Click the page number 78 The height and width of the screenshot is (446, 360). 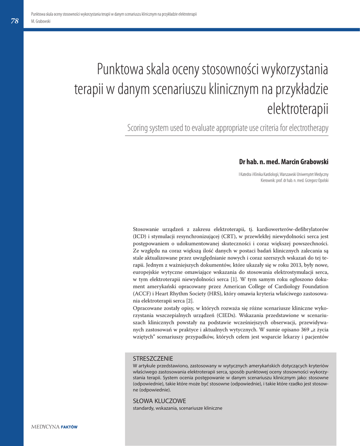pyautogui.click(x=14, y=20)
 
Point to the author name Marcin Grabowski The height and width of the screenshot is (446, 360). pyautogui.click(x=305, y=162)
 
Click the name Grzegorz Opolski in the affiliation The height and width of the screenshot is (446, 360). pyautogui.click(x=315, y=180)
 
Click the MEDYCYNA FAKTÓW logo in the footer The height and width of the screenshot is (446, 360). pyautogui.click(x=54, y=427)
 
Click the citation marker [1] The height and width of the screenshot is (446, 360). pyautogui.click(x=234, y=279)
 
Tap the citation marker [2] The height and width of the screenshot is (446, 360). pyautogui.click(x=190, y=301)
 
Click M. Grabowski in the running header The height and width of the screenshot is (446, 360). pyautogui.click(x=41, y=21)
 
